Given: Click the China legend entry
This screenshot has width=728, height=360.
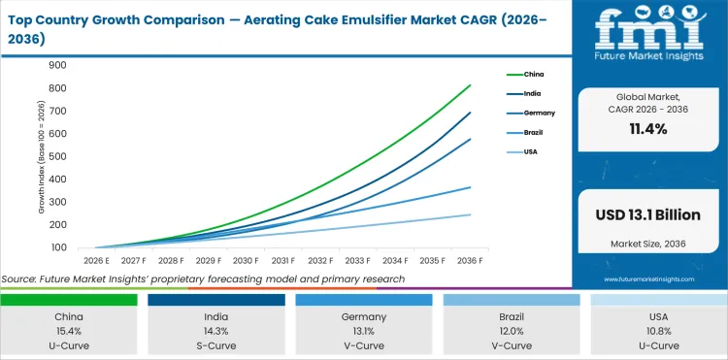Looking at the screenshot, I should (x=533, y=74).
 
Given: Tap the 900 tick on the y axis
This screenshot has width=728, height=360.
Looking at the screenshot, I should (x=57, y=65).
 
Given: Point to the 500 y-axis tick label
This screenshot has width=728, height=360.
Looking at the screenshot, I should (x=57, y=156).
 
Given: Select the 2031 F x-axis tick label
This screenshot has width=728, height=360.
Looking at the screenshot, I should (x=283, y=260).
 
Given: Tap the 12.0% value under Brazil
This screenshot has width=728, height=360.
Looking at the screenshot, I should (x=513, y=330).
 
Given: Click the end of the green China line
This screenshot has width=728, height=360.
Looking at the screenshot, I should (x=471, y=85).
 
